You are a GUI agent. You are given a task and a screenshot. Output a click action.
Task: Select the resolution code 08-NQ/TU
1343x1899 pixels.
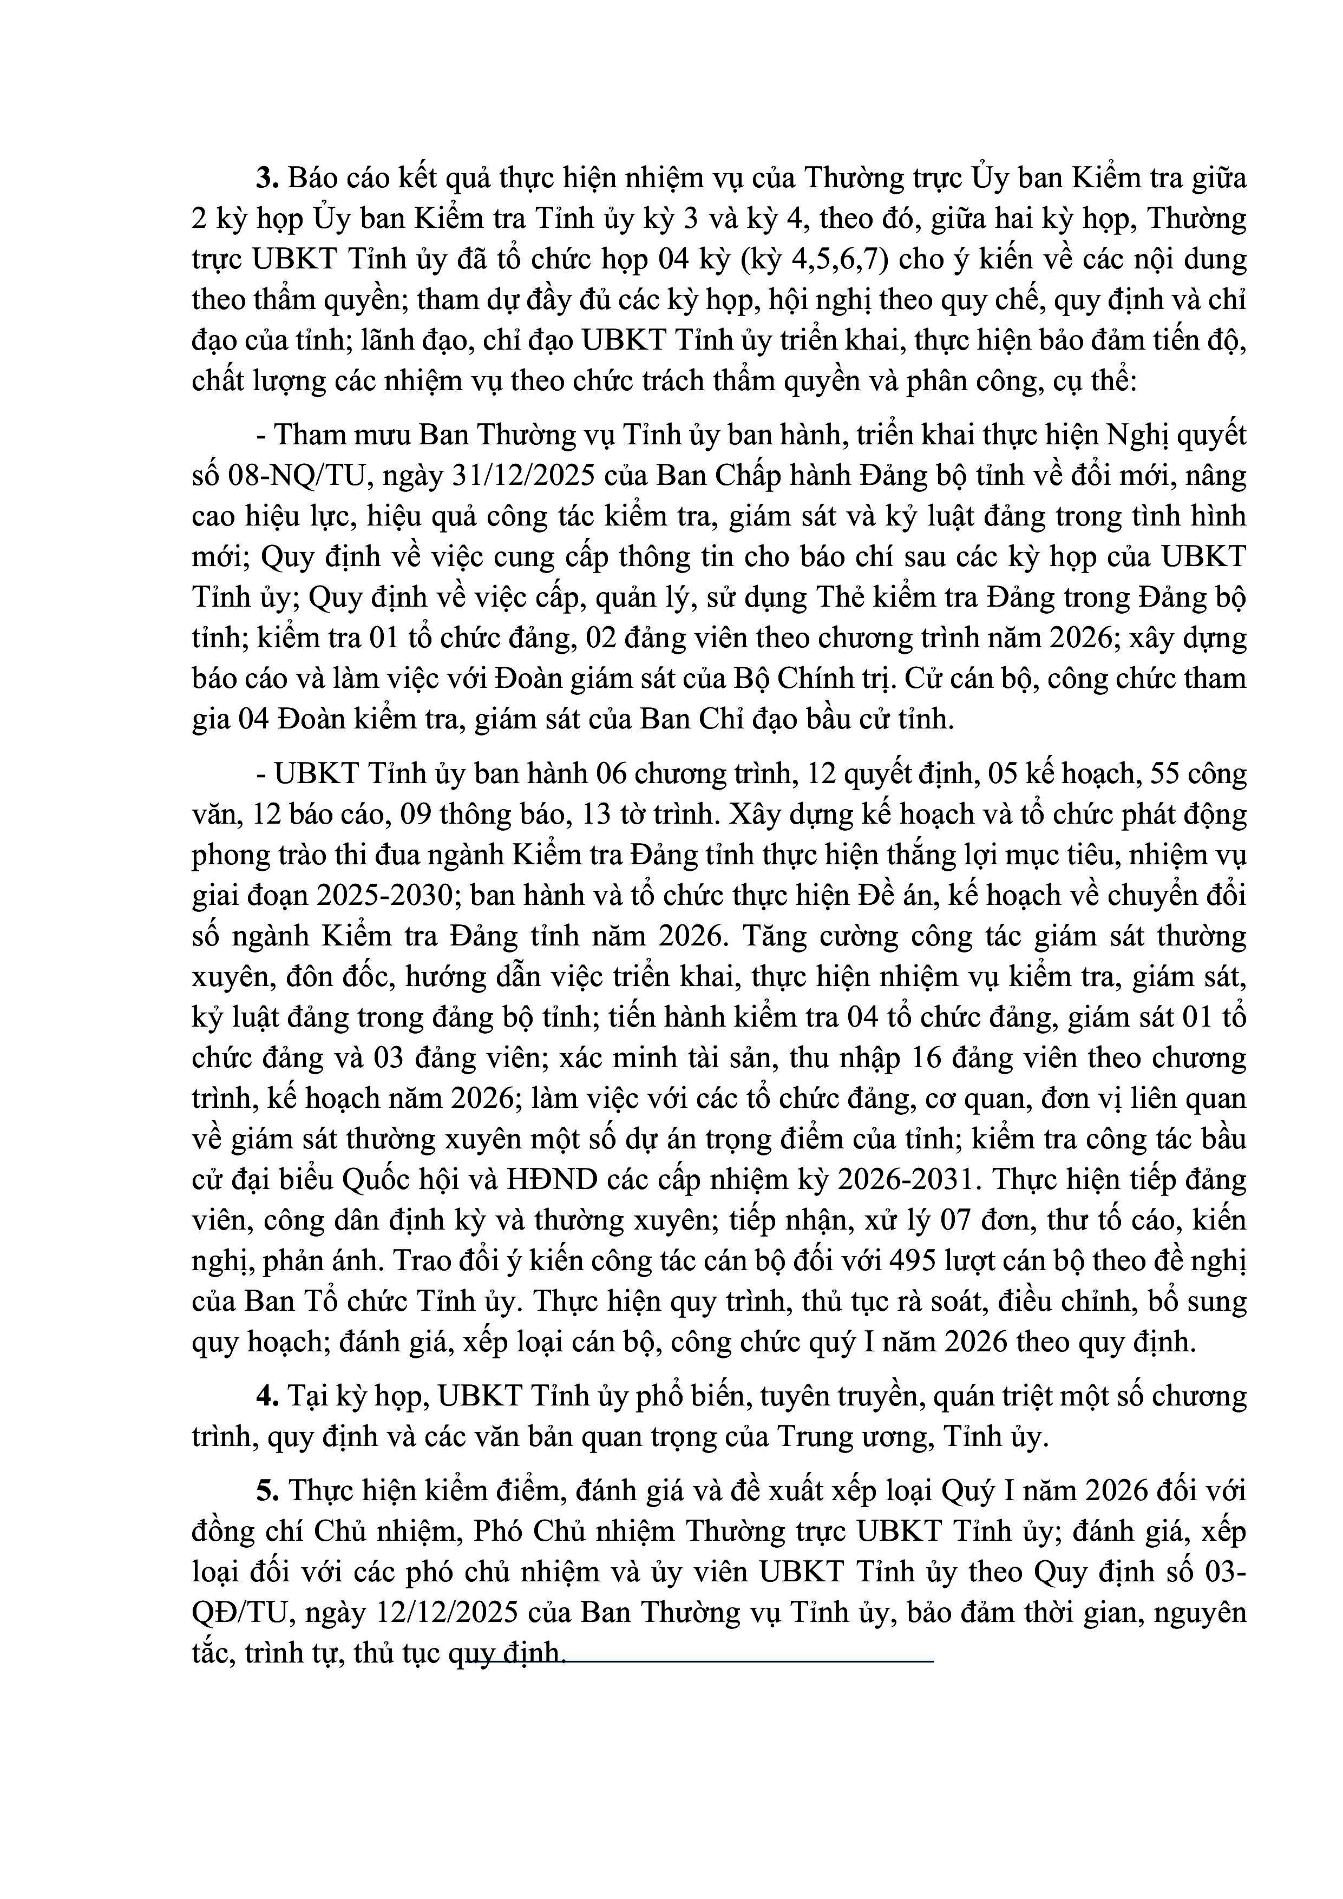point(291,476)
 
